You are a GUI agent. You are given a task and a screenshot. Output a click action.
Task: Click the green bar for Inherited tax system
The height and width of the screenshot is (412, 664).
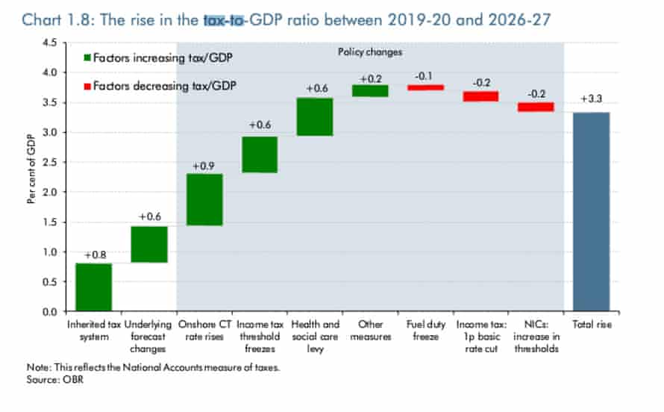pyautogui.click(x=93, y=287)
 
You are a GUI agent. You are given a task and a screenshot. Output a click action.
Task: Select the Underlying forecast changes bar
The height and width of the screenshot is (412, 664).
pyautogui.click(x=149, y=244)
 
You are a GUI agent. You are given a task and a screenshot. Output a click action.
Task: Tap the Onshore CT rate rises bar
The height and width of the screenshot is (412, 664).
pyautogui.click(x=204, y=199)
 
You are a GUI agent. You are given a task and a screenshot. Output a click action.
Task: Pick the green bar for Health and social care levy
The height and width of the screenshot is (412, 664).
pyautogui.click(x=315, y=116)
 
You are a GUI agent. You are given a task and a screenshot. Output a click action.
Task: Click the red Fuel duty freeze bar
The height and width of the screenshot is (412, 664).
pyautogui.click(x=425, y=87)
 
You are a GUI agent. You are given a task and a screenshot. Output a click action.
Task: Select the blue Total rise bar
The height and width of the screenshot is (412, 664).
pyautogui.click(x=591, y=211)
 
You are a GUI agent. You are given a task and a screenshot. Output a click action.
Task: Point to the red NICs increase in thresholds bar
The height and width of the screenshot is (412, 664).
pyautogui.click(x=536, y=107)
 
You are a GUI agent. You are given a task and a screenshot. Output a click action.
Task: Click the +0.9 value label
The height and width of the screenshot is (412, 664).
pyautogui.click(x=204, y=166)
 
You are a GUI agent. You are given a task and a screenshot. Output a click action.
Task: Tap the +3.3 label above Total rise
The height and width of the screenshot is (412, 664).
pyautogui.click(x=591, y=99)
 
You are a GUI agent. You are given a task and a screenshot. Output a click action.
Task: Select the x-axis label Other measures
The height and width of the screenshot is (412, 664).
pyautogui.click(x=370, y=330)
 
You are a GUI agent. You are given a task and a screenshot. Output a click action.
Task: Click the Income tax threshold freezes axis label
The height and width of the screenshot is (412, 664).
pyautogui.click(x=260, y=336)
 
